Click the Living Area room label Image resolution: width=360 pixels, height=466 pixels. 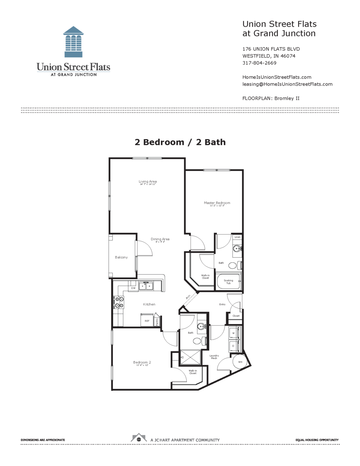(x=148, y=182)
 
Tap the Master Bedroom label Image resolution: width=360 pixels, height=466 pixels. (x=217, y=203)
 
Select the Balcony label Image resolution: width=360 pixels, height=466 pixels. (x=121, y=257)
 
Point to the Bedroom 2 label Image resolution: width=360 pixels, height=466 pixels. (x=142, y=362)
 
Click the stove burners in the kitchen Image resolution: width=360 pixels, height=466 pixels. (x=119, y=302)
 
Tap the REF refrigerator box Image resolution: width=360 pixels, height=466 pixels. (x=147, y=320)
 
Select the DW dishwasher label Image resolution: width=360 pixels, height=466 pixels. (x=133, y=288)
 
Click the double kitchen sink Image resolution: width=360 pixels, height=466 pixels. (x=146, y=286)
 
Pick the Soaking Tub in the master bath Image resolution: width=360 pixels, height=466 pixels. (x=228, y=281)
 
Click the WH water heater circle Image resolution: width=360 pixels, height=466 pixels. (x=240, y=362)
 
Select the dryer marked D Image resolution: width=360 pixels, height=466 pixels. (x=233, y=346)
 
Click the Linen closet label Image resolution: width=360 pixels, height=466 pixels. (x=237, y=237)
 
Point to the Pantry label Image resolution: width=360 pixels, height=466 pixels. (x=157, y=322)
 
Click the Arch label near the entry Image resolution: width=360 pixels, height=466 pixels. (x=188, y=297)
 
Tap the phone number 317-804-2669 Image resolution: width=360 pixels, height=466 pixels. (x=259, y=63)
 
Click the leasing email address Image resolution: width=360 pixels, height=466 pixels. (x=287, y=84)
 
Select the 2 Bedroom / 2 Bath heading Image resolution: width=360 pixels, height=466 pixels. (x=180, y=142)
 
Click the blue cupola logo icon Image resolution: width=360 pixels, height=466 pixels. (x=73, y=42)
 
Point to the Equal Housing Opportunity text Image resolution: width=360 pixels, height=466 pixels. (x=317, y=440)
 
